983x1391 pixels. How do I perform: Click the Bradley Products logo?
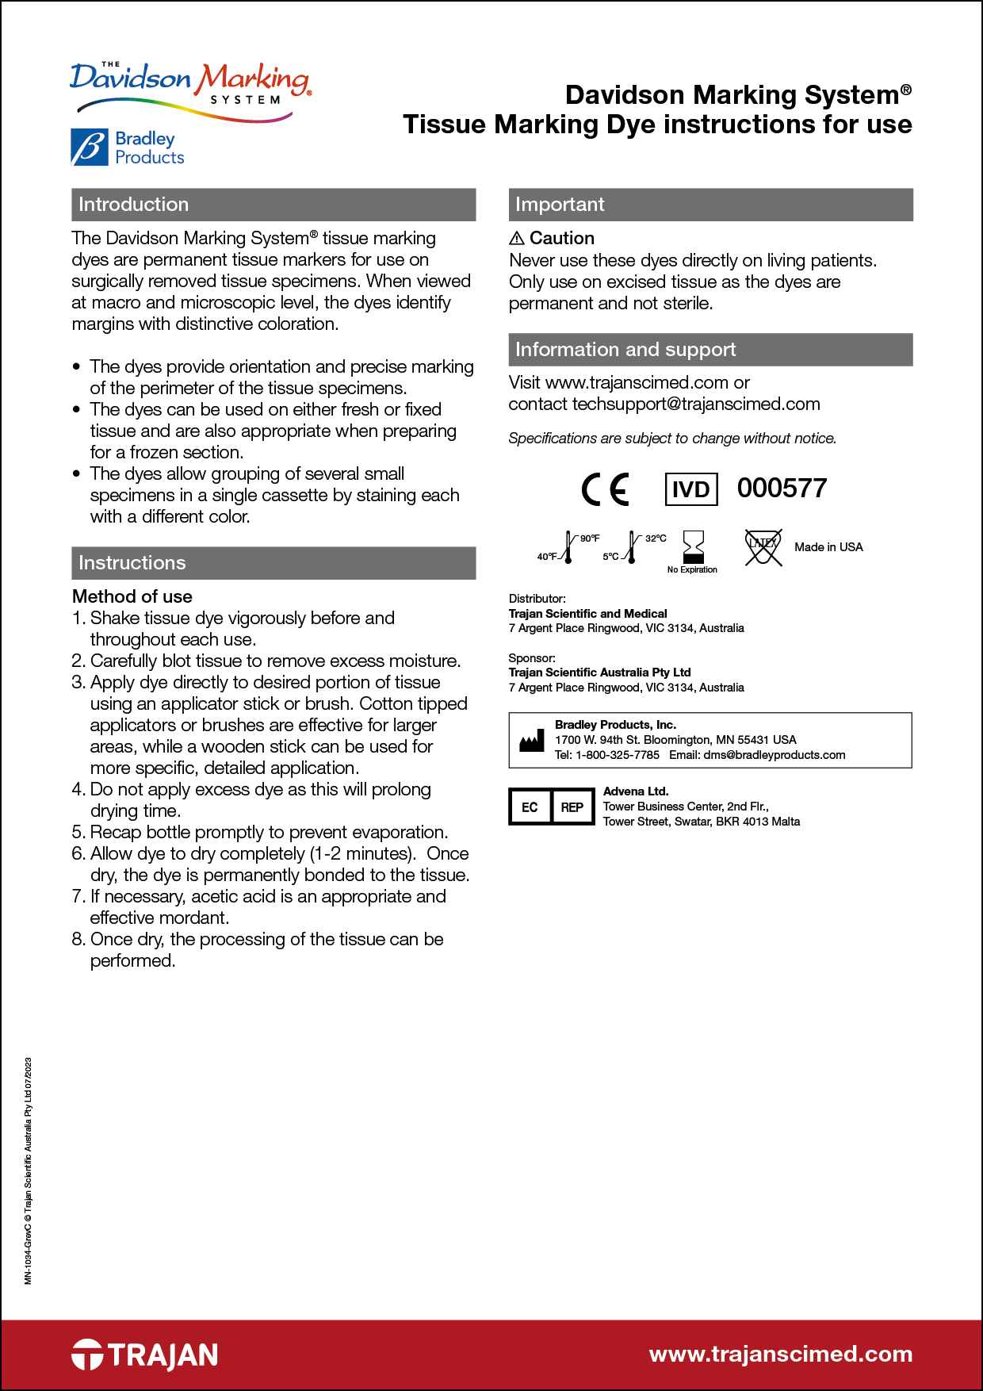point(128,148)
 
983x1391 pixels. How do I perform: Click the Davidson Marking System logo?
point(190,90)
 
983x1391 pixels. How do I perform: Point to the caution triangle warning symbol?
point(517,239)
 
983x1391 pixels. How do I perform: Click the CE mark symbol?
point(606,489)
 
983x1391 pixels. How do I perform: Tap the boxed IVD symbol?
point(690,489)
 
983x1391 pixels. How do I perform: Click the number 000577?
point(782,489)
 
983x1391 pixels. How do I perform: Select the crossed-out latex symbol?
point(763,547)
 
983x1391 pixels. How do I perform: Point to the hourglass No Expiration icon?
point(693,547)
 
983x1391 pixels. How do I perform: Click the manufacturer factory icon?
point(531,741)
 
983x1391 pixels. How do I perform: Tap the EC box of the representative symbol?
point(530,807)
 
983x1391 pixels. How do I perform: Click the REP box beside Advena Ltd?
point(572,807)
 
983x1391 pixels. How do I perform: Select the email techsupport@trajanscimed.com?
point(696,404)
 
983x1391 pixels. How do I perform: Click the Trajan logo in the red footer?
point(145,1355)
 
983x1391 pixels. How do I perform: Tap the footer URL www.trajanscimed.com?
point(780,1354)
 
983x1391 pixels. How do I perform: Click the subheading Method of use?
point(132,596)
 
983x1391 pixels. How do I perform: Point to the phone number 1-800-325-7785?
point(617,755)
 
